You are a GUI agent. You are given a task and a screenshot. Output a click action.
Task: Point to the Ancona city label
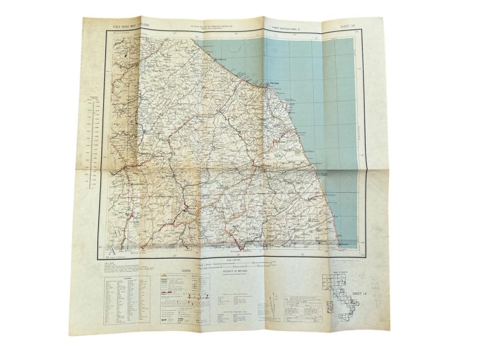(x=274, y=84)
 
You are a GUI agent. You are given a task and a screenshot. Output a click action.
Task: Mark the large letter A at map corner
(x=111, y=251)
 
